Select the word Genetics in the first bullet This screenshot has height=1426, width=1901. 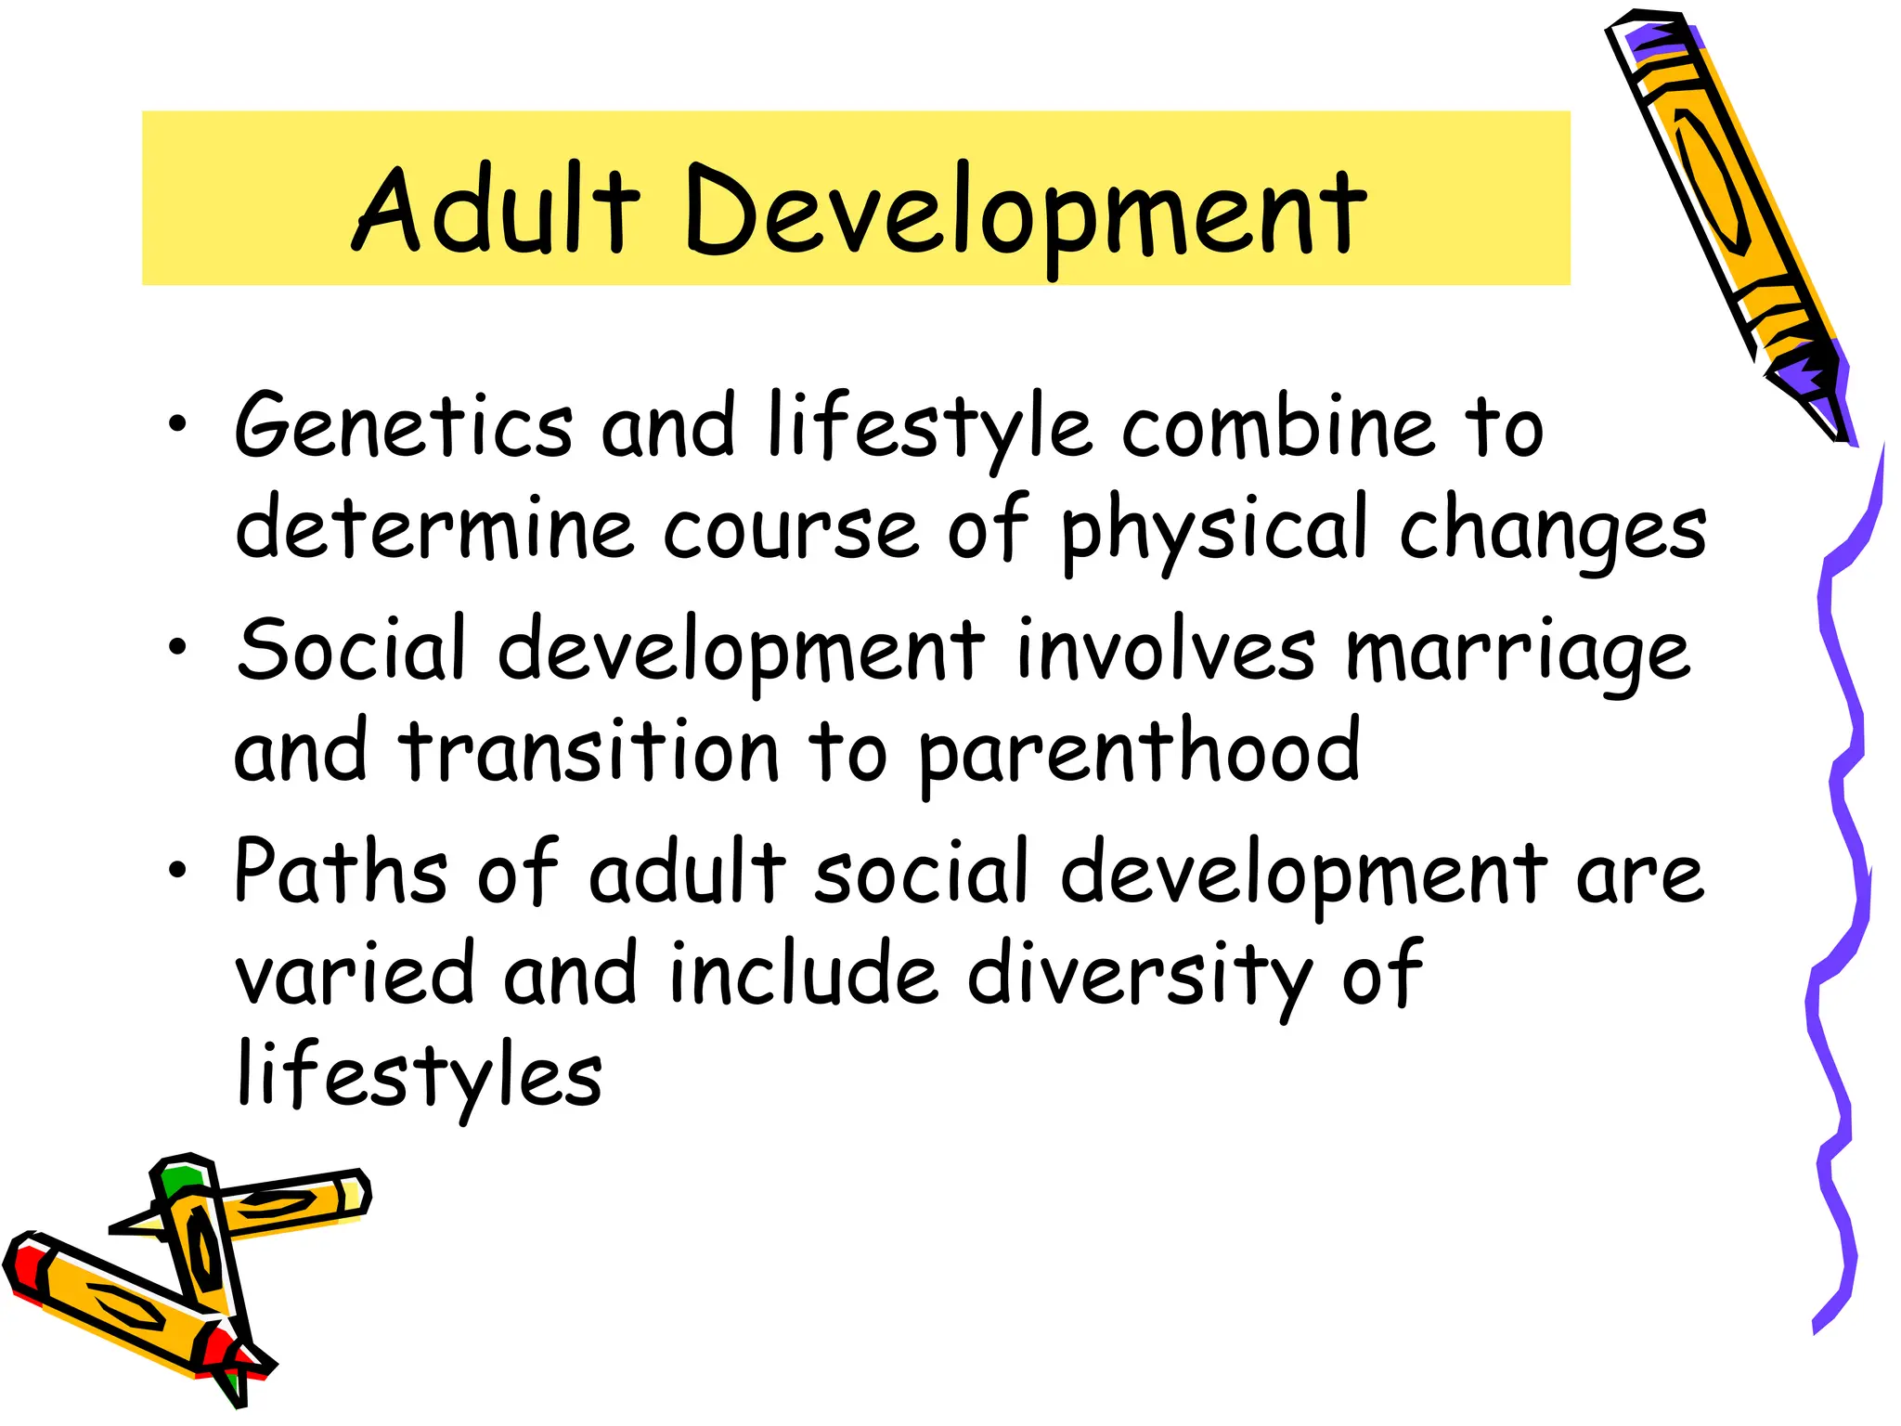tap(404, 426)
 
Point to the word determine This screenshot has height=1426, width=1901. tap(434, 528)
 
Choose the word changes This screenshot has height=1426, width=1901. tap(1553, 531)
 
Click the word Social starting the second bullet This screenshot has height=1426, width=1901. tap(351, 649)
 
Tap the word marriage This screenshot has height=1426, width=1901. tap(1518, 653)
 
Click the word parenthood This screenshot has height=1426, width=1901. tap(1140, 753)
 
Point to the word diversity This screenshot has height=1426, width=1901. tap(1139, 975)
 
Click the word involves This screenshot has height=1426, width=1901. tap(1166, 649)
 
